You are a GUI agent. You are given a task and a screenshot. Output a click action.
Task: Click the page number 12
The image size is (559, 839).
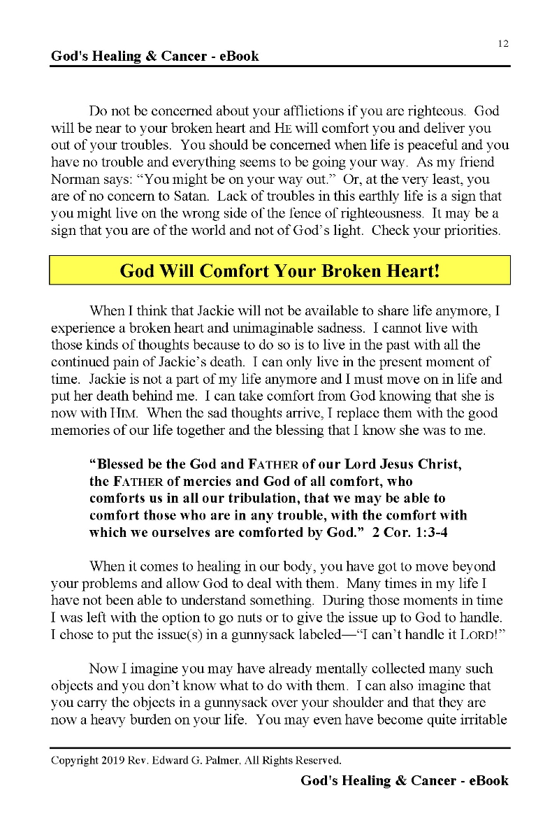(503, 43)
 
